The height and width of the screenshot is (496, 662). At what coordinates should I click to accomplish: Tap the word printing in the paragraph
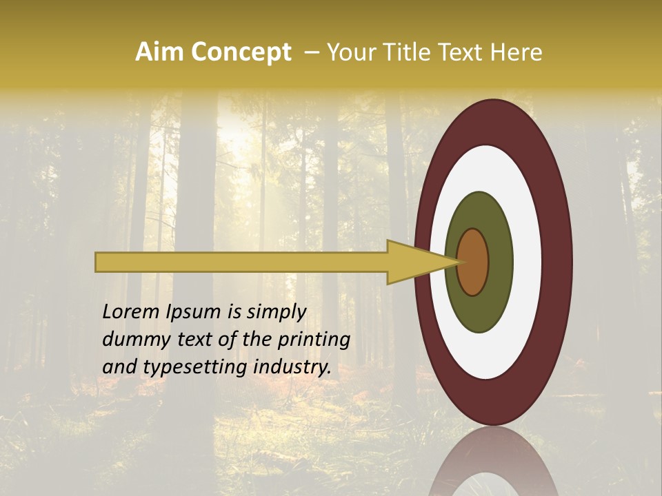click(314, 340)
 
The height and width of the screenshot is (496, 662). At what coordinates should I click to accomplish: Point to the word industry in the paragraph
click(292, 366)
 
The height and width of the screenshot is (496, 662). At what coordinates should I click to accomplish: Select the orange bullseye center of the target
click(472, 262)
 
